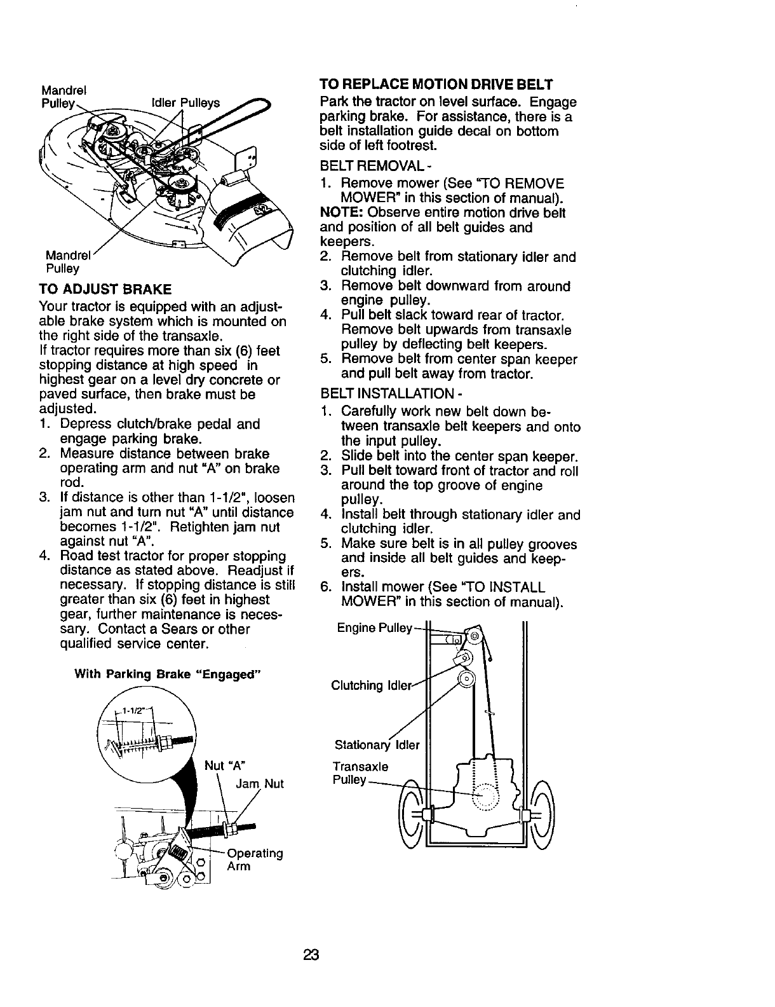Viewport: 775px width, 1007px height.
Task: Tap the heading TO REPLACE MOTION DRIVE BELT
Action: (436, 84)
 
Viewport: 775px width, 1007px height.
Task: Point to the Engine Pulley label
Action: (375, 627)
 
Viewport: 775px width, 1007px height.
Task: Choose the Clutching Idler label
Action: (372, 685)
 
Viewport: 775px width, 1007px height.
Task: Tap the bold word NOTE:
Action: (337, 212)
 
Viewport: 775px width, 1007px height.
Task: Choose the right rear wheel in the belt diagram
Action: (544, 815)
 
